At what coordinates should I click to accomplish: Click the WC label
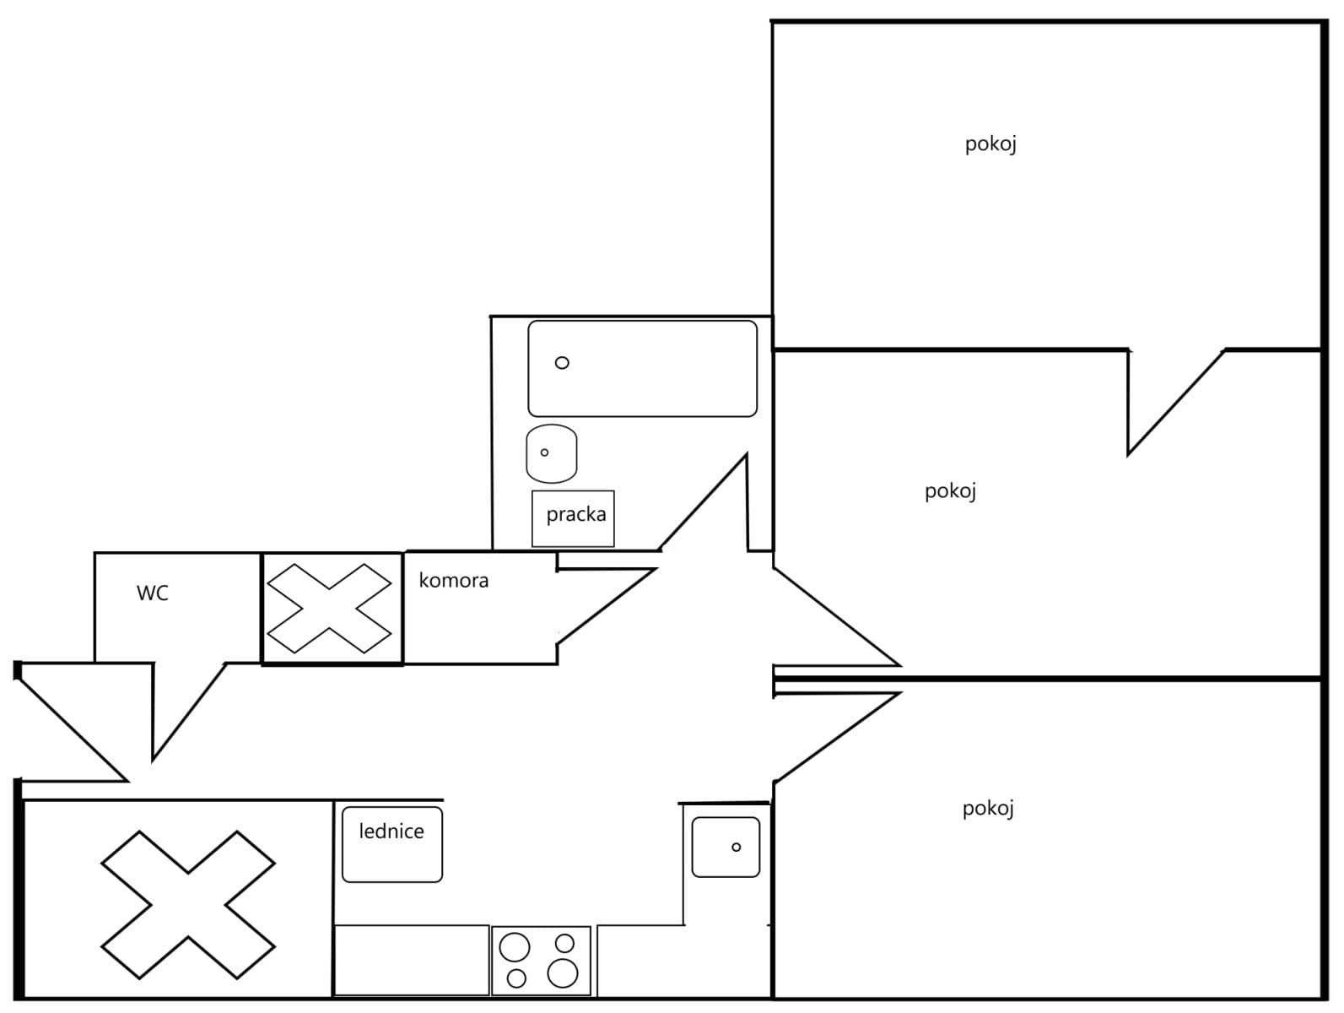[x=153, y=593]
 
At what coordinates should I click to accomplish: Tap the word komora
[x=453, y=581]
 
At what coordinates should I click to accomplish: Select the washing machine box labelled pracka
[x=573, y=517]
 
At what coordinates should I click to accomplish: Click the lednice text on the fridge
[x=391, y=832]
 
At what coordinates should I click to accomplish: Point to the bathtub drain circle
[x=562, y=363]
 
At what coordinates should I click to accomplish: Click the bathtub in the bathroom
[x=642, y=368]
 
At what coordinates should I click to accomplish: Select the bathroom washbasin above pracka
[x=551, y=453]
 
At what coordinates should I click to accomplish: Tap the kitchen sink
[x=726, y=847]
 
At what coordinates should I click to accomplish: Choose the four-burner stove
[x=541, y=961]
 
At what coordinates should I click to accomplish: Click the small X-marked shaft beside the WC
[x=332, y=608]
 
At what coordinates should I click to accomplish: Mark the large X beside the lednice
[x=187, y=903]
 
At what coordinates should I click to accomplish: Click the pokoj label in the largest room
[x=990, y=144]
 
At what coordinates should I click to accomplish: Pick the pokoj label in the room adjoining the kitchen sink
[x=988, y=809]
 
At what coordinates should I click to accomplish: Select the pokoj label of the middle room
[x=950, y=491]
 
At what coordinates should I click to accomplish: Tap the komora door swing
[x=603, y=599]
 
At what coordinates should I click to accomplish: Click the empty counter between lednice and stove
[x=412, y=961]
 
